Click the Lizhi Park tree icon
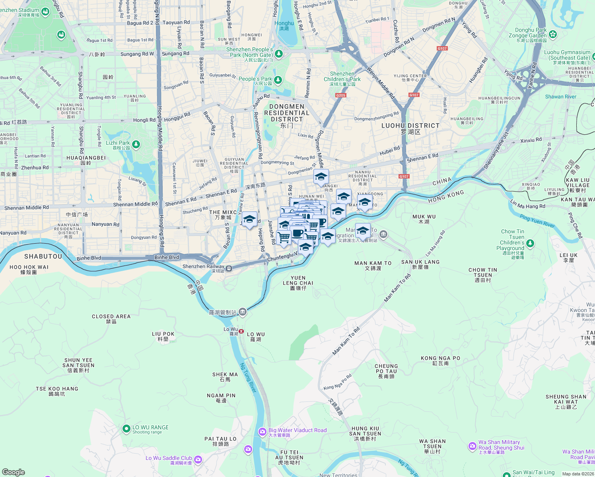click(x=136, y=144)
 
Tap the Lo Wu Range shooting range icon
click(x=126, y=429)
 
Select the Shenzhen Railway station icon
click(x=229, y=269)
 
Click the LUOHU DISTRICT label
click(x=410, y=126)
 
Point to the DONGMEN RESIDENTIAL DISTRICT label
click(x=287, y=113)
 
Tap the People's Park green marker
click(x=278, y=80)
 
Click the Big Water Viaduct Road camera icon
click(x=262, y=432)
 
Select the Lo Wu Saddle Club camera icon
click(x=198, y=460)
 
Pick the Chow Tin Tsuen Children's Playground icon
click(x=530, y=243)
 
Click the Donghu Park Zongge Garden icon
click(x=552, y=35)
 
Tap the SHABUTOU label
click(x=43, y=256)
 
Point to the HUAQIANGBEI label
click(x=86, y=158)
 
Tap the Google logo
click(x=13, y=472)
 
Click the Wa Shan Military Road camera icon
click(x=472, y=446)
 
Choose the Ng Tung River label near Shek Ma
click(x=248, y=378)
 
